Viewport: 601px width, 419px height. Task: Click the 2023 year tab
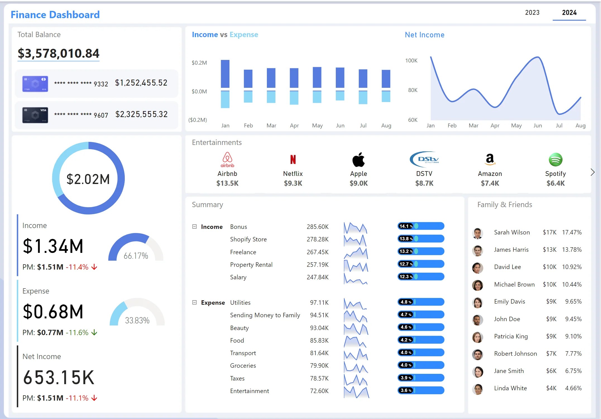click(532, 13)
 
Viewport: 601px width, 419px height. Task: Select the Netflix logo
click(293, 159)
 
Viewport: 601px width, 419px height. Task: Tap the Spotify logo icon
click(555, 159)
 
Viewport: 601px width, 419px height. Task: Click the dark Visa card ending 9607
click(35, 115)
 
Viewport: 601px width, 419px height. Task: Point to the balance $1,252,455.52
click(141, 83)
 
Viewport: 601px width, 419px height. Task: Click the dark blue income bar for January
click(225, 74)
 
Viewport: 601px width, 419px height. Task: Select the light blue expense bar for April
click(294, 98)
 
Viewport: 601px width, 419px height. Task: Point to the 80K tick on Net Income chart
click(413, 90)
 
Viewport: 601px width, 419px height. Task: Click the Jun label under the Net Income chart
click(538, 125)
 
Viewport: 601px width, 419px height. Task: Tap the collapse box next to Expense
click(195, 302)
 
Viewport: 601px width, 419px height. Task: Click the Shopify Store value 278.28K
click(317, 239)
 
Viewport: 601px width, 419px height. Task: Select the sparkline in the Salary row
click(356, 278)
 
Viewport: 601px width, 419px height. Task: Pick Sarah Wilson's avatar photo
click(478, 233)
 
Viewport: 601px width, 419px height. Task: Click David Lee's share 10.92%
click(572, 267)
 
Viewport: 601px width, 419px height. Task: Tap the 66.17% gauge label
click(136, 256)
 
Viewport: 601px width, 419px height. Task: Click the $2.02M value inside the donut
click(88, 179)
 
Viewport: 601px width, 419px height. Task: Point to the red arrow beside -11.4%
click(94, 267)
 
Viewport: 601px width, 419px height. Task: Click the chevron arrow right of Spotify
click(592, 172)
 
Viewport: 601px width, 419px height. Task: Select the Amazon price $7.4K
click(490, 183)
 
